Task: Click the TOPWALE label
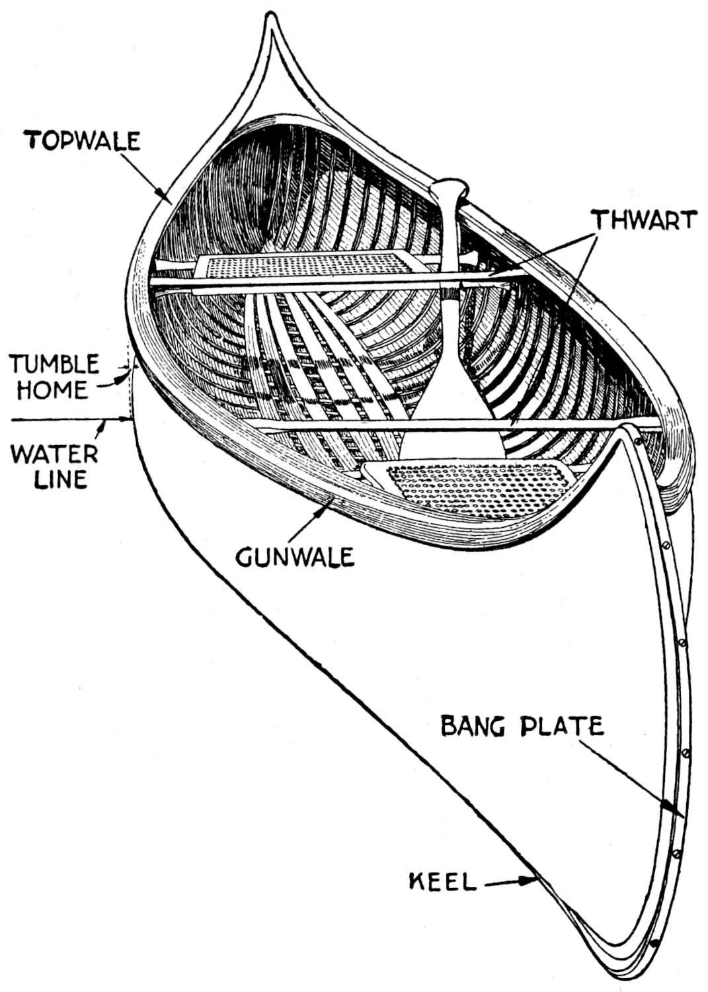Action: (83, 141)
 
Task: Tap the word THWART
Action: (644, 220)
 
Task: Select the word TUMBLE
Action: (54, 364)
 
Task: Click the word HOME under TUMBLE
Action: (53, 390)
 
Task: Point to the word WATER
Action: (54, 454)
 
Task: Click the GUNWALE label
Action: (295, 557)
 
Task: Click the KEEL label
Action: (443, 882)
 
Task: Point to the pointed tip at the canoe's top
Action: (269, 20)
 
